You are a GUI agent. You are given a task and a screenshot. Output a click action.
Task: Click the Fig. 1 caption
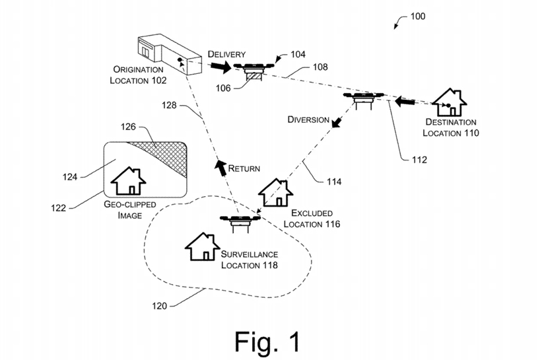click(x=267, y=341)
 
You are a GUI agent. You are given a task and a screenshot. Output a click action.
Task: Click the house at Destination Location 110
click(x=449, y=102)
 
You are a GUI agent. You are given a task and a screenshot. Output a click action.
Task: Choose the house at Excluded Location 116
click(x=275, y=192)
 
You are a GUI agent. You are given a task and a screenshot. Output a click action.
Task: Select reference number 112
click(x=419, y=159)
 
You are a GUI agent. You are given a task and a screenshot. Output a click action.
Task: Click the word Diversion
click(x=308, y=120)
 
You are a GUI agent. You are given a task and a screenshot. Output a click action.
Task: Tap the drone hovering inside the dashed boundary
click(x=240, y=220)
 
